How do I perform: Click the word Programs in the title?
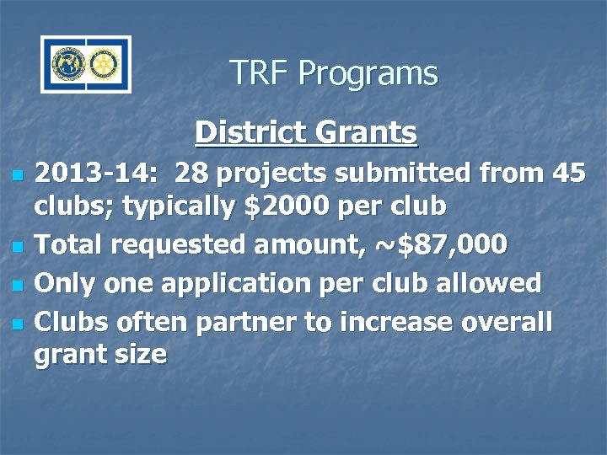click(368, 74)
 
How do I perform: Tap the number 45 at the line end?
click(566, 174)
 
